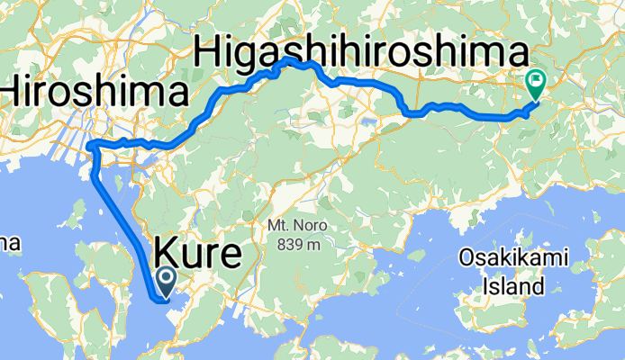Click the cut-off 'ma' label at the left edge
click(9, 243)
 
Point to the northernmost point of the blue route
click(286, 59)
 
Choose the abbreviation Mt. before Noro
click(276, 228)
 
